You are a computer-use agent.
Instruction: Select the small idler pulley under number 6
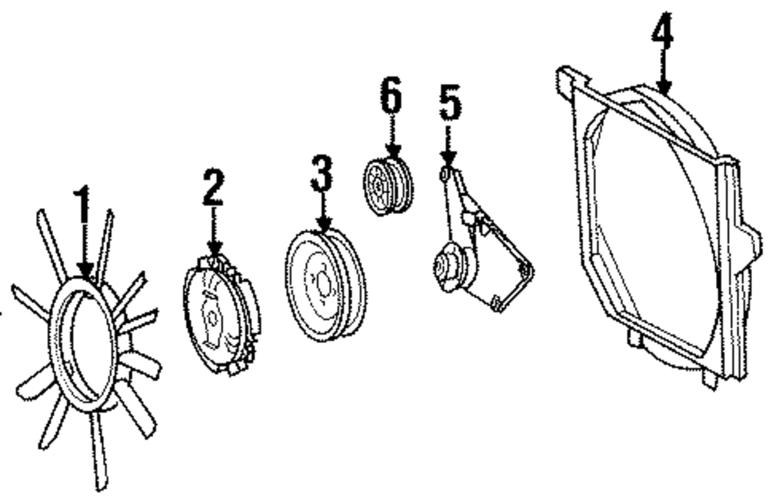coord(388,187)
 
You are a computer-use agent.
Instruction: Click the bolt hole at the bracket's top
coord(445,175)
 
